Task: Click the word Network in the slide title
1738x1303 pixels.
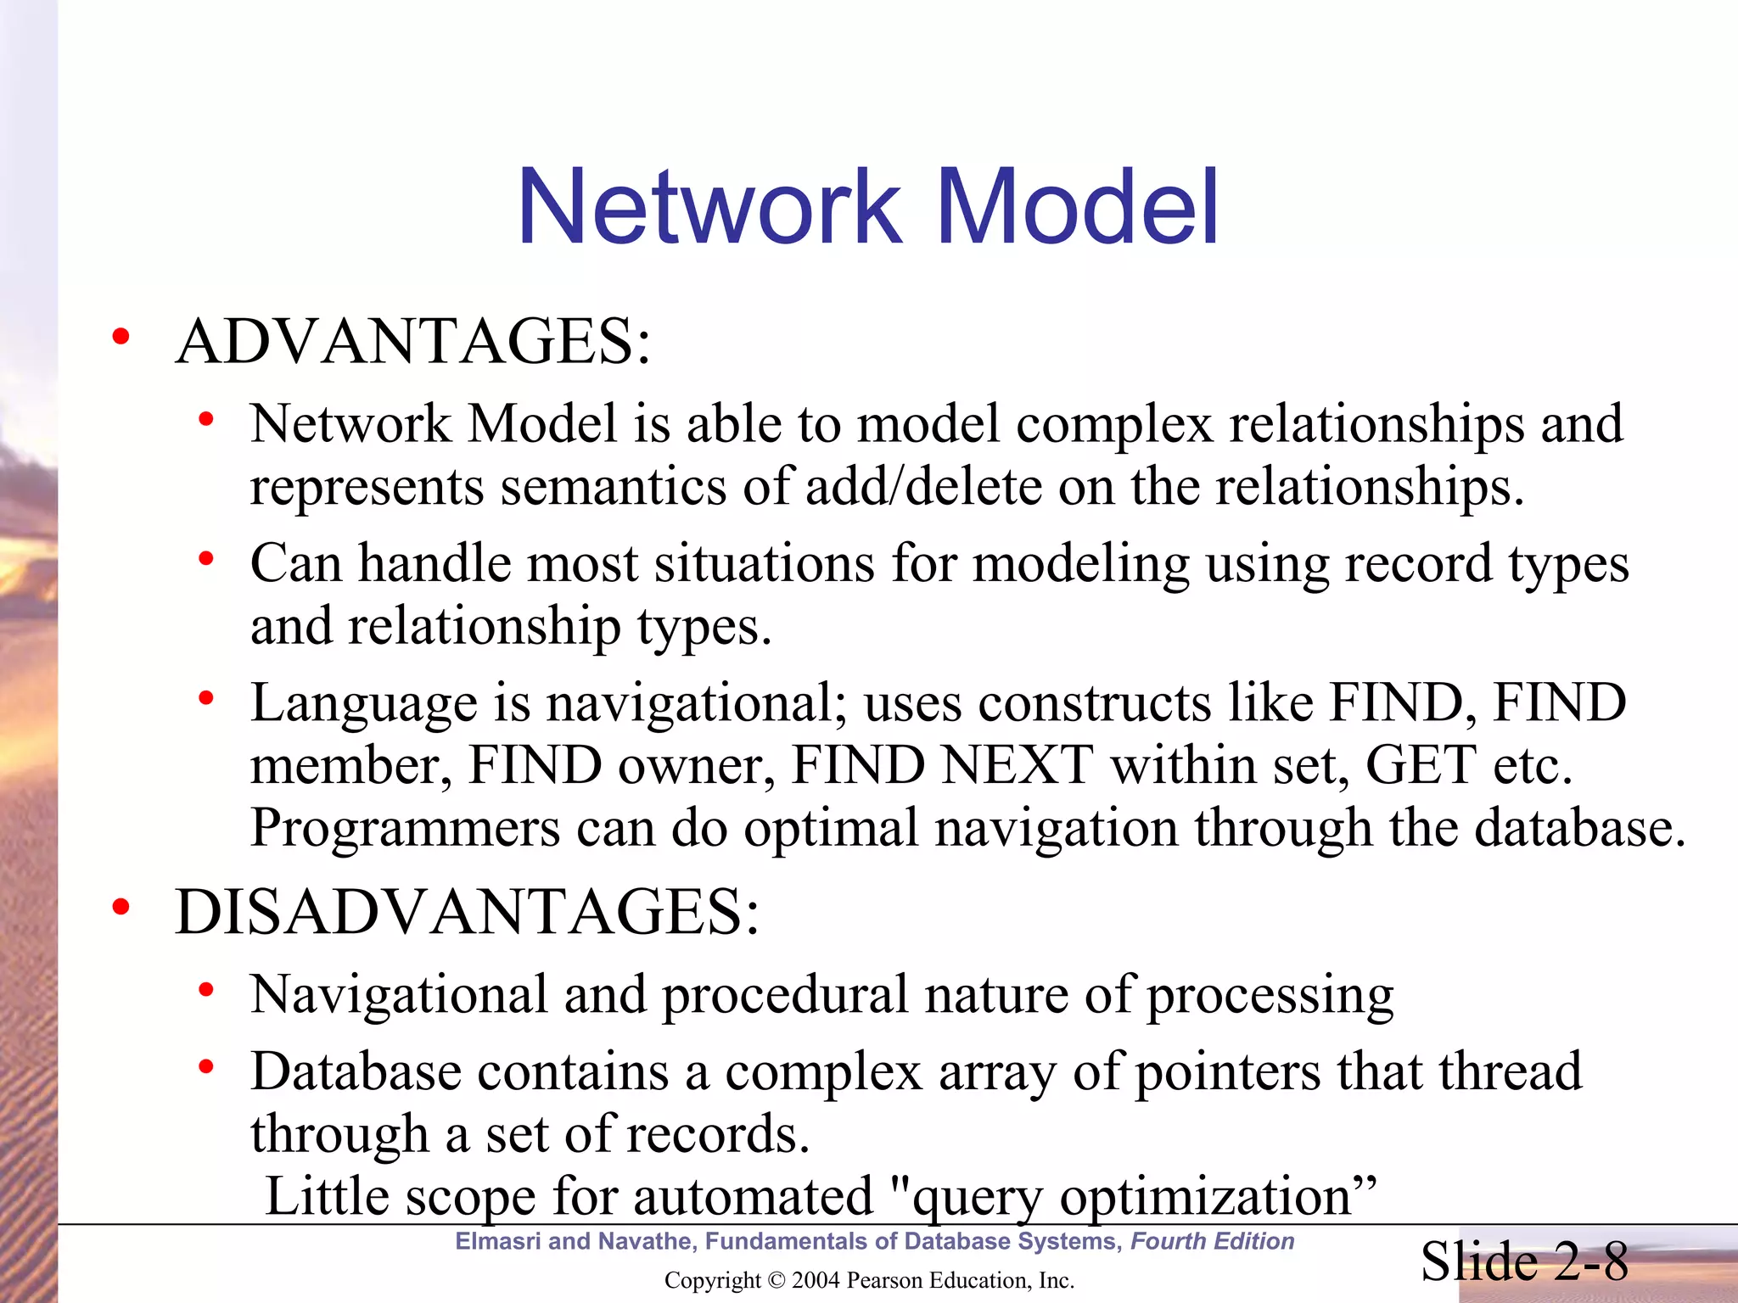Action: click(709, 208)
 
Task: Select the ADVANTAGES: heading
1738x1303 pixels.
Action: click(413, 342)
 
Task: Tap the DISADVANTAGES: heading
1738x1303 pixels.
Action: click(467, 913)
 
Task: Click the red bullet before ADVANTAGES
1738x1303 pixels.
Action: click(121, 337)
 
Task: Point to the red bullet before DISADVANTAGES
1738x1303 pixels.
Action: click(121, 908)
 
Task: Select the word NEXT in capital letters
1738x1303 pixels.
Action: click(1018, 765)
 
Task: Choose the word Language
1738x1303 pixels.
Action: click(364, 703)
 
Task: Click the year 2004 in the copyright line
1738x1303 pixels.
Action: click(815, 1280)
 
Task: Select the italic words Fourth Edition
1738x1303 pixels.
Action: click(1212, 1241)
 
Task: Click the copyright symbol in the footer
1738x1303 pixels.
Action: click(776, 1280)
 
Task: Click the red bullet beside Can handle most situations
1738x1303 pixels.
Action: click(205, 559)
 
